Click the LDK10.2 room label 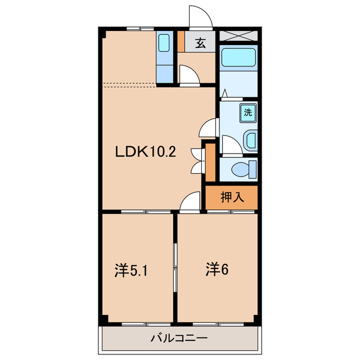(146, 152)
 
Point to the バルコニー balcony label (179, 338)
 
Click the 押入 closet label (232, 197)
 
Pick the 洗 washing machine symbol (248, 112)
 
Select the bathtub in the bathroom (238, 57)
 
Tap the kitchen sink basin (164, 43)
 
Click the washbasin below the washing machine (250, 140)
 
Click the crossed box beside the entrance (238, 35)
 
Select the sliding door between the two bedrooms (175, 268)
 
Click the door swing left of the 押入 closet (190, 200)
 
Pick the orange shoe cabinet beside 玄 (181, 41)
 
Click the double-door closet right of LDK (210, 163)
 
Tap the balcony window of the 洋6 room (218, 324)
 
